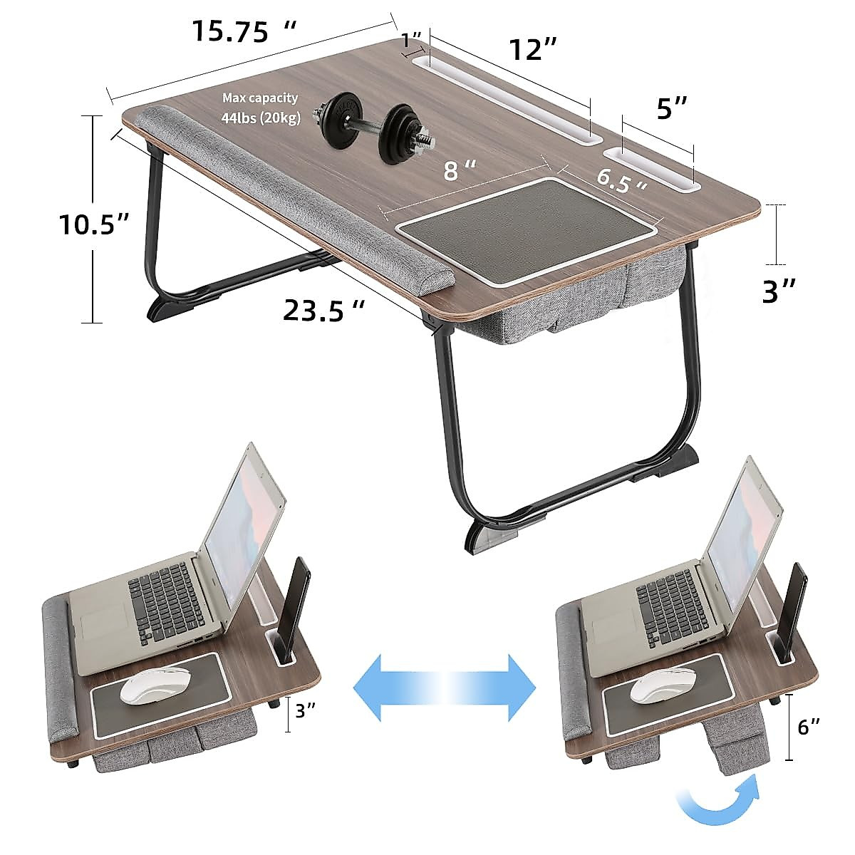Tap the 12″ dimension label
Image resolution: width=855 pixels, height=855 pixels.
(532, 49)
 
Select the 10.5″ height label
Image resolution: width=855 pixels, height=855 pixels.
(95, 224)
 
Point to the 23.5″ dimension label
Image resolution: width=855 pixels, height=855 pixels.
(324, 310)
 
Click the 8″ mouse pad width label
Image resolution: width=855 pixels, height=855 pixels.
(460, 170)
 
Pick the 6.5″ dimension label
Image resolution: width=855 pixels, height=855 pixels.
(621, 181)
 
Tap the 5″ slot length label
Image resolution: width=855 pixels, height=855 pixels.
(672, 108)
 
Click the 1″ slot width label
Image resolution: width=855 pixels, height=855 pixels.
(411, 41)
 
